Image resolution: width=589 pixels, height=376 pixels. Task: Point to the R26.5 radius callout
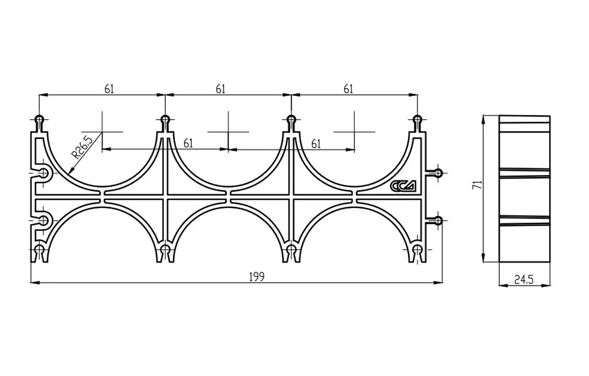(x=82, y=146)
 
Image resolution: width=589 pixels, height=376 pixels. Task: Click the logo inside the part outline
(x=402, y=186)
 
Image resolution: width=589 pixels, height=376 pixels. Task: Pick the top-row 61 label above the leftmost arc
(x=109, y=89)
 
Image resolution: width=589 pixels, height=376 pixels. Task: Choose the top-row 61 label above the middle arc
(x=220, y=89)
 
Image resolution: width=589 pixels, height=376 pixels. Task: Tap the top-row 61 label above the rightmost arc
(x=348, y=89)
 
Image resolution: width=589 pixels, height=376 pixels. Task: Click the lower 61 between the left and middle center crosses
(x=189, y=143)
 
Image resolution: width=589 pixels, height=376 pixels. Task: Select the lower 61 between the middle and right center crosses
(x=316, y=143)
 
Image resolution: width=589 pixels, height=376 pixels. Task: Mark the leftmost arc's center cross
(x=102, y=132)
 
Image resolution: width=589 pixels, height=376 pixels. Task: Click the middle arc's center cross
(x=228, y=132)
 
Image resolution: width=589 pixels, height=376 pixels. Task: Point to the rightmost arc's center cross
(x=355, y=132)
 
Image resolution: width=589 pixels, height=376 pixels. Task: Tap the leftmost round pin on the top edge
(x=39, y=119)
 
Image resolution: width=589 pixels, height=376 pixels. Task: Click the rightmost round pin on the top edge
(x=417, y=119)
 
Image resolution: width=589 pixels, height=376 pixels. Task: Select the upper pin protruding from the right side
(x=438, y=173)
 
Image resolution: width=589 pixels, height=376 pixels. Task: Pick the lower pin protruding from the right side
(x=438, y=220)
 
